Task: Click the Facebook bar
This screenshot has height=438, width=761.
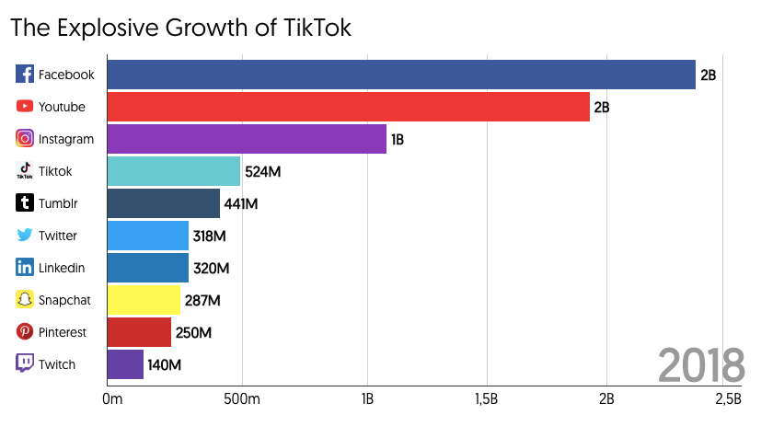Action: coord(401,75)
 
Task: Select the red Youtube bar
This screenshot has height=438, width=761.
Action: coord(348,107)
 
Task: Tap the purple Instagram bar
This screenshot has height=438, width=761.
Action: coord(247,139)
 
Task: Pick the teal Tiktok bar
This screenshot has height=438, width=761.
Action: coord(174,171)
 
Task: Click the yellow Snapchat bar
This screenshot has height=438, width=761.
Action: coord(144,300)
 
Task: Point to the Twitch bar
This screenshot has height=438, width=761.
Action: coord(125,364)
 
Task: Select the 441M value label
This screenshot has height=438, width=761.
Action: coord(241,204)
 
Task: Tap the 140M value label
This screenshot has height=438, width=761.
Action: coord(165,365)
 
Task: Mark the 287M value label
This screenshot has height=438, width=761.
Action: coord(202,301)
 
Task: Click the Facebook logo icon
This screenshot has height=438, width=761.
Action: coord(25,75)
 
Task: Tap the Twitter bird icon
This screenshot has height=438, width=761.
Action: coord(25,236)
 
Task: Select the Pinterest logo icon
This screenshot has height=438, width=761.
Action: coord(25,332)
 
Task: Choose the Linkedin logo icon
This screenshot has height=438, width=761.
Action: coord(25,268)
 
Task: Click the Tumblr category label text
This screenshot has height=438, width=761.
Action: coord(57,203)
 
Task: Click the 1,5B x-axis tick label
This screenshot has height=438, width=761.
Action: coord(486,398)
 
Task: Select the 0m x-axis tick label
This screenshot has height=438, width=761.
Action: coord(112,398)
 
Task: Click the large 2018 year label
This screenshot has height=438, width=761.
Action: coord(701,365)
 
